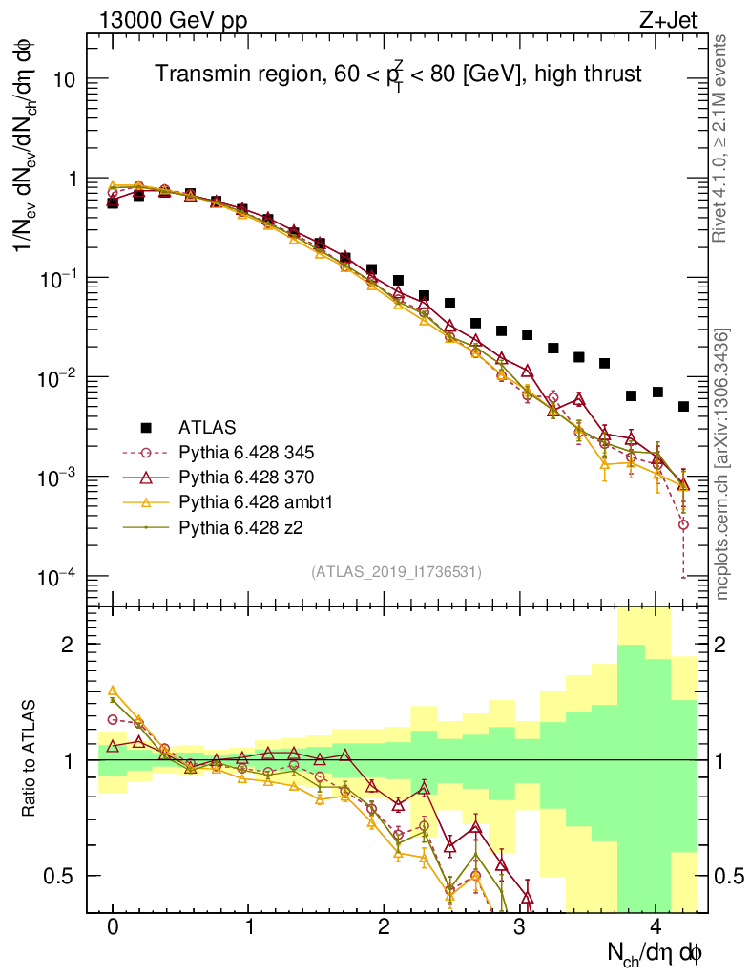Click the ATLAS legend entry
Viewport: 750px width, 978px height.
(205, 426)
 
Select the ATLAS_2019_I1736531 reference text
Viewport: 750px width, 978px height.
(396, 572)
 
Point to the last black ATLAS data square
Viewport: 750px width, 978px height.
(683, 407)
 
